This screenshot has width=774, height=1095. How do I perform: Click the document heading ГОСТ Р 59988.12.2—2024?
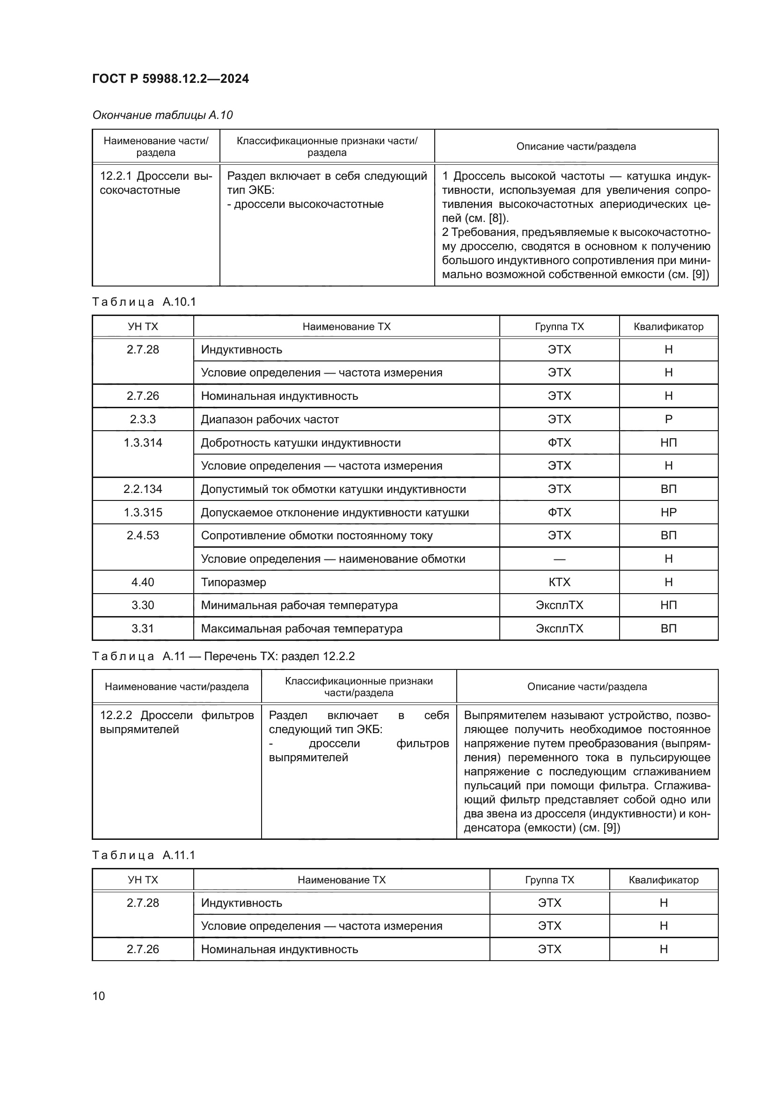tap(170, 79)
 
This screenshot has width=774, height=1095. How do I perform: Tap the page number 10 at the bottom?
tap(99, 996)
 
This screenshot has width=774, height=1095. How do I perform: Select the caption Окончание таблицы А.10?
tap(162, 115)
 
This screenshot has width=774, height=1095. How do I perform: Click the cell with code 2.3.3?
tap(143, 419)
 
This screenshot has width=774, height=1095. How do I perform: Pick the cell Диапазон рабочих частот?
tap(270, 419)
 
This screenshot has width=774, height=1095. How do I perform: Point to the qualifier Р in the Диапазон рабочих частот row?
tap(668, 419)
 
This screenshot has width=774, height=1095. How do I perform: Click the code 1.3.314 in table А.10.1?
tap(143, 442)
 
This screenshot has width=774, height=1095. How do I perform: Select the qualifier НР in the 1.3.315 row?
tap(668, 512)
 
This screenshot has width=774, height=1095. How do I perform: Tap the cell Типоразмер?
tap(234, 582)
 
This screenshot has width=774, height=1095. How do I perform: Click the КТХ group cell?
tap(559, 582)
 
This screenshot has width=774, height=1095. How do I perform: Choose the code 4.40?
tap(143, 582)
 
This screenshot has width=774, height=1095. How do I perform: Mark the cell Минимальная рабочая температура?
tap(299, 605)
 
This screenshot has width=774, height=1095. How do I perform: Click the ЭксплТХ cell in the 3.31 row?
tap(559, 629)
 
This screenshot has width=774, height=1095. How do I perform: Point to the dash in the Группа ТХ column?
tap(559, 559)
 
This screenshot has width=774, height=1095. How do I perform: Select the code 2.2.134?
tap(143, 489)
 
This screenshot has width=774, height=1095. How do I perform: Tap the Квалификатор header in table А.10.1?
tap(668, 327)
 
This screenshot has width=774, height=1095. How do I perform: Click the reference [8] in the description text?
tap(497, 219)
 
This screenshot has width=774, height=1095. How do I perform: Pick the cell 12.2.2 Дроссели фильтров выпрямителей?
tap(176, 722)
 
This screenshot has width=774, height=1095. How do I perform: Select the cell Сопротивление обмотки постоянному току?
tap(316, 536)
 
